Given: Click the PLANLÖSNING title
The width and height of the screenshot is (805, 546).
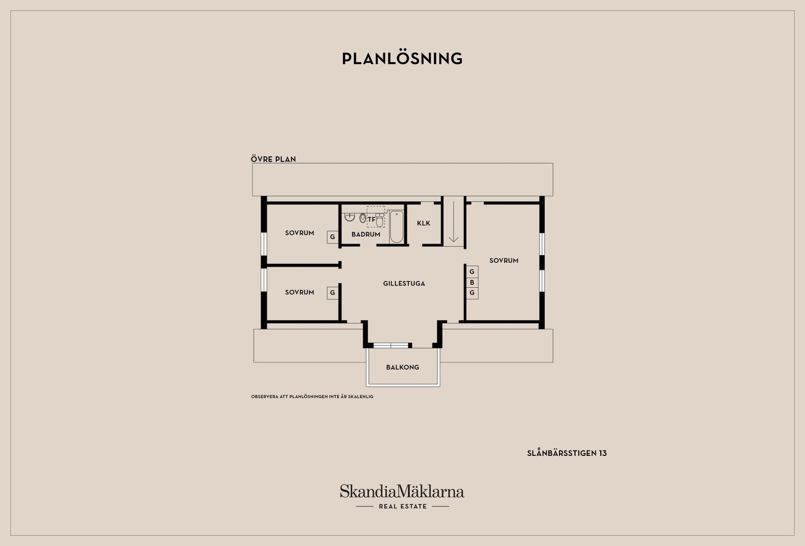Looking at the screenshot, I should pos(402,59).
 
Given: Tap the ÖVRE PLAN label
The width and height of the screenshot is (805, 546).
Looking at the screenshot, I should pos(273,159).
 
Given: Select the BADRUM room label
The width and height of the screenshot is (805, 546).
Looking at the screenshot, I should pos(366,234).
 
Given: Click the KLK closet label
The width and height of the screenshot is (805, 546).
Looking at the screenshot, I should pos(423,223).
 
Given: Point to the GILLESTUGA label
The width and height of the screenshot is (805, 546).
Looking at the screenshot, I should pos(404,283).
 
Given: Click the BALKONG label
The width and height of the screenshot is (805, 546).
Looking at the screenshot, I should pos(402,367).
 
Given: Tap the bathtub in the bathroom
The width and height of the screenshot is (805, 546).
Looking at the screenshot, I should pos(396,227).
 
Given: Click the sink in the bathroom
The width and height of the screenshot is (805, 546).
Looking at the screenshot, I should pos(350,217).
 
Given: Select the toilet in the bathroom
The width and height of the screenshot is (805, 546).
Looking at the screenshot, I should pos(379,221).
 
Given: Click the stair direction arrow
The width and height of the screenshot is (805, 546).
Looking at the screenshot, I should pos(453,222).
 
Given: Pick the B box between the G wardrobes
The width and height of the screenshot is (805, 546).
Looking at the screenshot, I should pos(472,282).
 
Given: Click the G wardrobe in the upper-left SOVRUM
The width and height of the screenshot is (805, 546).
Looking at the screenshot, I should pos(332,237).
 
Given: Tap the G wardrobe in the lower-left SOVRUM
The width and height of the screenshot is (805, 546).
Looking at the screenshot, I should pos(332,293).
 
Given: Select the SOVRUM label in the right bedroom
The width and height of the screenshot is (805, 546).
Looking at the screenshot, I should pos(504,260).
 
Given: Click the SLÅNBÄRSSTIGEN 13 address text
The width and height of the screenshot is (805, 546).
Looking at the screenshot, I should pos(567,453).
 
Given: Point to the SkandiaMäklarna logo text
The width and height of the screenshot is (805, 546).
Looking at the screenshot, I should pos(402,491).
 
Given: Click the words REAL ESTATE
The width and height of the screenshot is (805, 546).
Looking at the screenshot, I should pos(402,507).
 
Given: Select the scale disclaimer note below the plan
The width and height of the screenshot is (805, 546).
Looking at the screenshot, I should pos(312,397).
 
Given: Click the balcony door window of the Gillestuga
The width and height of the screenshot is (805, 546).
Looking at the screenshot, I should pos(390,346).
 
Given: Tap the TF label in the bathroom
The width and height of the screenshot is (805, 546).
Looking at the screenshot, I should pos(371,219).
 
